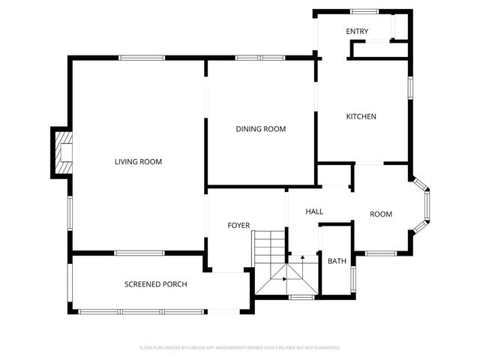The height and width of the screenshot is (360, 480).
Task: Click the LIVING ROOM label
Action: (138, 162)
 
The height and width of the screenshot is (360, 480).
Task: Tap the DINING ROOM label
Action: (261, 129)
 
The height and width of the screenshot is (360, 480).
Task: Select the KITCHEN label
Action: (361, 117)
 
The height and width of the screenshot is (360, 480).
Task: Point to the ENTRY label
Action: (357, 31)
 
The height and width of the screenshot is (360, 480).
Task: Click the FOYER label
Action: (238, 226)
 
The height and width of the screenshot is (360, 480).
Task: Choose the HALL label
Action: (314, 212)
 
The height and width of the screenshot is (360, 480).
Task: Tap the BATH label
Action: (337, 262)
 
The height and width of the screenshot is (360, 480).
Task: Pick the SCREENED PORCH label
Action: (155, 285)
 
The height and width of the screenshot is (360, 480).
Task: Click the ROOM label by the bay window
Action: (381, 214)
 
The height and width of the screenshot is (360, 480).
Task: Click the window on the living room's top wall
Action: (142, 58)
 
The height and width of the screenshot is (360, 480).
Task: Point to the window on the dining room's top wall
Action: (259, 58)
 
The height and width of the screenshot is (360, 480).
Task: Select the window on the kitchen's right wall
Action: (410, 86)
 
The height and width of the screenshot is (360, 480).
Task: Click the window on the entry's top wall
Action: (364, 10)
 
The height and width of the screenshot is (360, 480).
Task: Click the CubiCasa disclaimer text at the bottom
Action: (240, 348)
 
